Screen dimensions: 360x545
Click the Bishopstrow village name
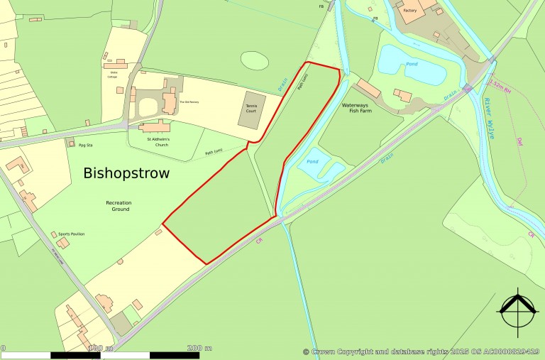[x=126, y=173]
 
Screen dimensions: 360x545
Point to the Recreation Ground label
[x=119, y=206]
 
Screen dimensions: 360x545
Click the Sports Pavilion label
[x=71, y=233]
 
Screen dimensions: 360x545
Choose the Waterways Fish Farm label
[x=357, y=108]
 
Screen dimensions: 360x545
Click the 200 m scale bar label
[x=199, y=348]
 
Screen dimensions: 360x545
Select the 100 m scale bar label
[x=100, y=348]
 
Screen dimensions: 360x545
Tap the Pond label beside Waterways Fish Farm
[x=312, y=161]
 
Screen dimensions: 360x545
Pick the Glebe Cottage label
[x=113, y=75]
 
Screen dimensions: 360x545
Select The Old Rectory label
[x=189, y=102]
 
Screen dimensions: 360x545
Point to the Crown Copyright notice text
[x=422, y=351]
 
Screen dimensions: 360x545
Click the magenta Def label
[x=520, y=143]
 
